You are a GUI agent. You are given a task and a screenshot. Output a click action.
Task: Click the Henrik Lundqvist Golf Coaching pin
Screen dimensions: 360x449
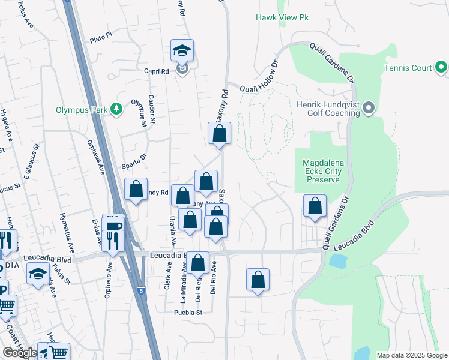coord(369,109)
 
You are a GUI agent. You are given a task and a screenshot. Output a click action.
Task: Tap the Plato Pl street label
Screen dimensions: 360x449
coord(100,38)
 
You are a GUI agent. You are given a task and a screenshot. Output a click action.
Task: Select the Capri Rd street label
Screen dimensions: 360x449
coord(156,71)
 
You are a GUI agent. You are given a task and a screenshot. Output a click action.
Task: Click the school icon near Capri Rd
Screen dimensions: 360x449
coord(181,51)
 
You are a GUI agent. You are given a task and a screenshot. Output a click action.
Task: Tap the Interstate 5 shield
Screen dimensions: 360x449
coord(140,290)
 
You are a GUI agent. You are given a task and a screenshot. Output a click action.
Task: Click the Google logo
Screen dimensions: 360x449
coord(20,353)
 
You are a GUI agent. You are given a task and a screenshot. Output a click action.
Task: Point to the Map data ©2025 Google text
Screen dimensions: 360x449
coord(411,355)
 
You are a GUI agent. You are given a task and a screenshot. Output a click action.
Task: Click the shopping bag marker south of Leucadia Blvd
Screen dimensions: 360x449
coord(258,279)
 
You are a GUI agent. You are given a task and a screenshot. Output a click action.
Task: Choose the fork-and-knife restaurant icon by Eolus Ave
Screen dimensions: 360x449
coord(113,240)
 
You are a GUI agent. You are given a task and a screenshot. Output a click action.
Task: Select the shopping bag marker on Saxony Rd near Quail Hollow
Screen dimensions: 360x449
coord(220,134)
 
